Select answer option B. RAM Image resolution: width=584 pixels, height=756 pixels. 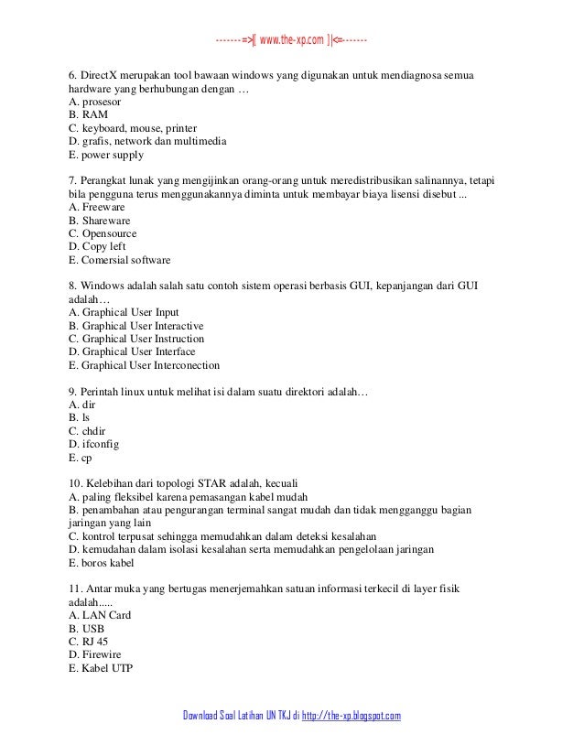[x=88, y=114]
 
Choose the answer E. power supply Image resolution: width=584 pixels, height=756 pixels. [x=106, y=155]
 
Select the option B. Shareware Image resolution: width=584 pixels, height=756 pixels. [x=100, y=221]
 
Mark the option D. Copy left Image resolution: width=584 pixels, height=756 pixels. [x=98, y=247]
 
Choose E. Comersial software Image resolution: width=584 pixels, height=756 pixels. [x=120, y=260]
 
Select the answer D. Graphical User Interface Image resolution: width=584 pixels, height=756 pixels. [x=132, y=351]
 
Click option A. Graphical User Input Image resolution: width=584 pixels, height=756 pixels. [x=124, y=312]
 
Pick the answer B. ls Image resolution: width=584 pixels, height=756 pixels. [x=79, y=416]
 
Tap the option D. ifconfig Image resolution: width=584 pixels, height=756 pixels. [x=94, y=443]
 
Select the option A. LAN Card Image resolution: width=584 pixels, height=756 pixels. [x=100, y=615]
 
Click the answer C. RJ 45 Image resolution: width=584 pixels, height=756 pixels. [x=88, y=641]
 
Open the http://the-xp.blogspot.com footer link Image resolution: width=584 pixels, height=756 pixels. [x=352, y=715]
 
